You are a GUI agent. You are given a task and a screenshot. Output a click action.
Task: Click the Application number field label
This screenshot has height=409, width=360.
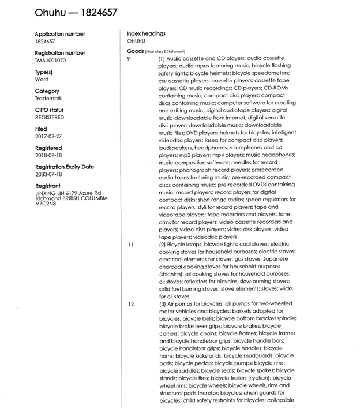click(x=60, y=35)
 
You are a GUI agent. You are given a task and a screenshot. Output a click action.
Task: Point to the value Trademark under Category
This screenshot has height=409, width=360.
click(x=49, y=99)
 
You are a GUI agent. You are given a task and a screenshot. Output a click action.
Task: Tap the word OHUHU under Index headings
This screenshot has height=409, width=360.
click(x=137, y=42)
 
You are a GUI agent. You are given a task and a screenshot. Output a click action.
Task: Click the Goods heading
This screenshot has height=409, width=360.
click(x=136, y=51)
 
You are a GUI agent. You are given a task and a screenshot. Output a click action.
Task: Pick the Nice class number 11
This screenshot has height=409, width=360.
click(x=130, y=245)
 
